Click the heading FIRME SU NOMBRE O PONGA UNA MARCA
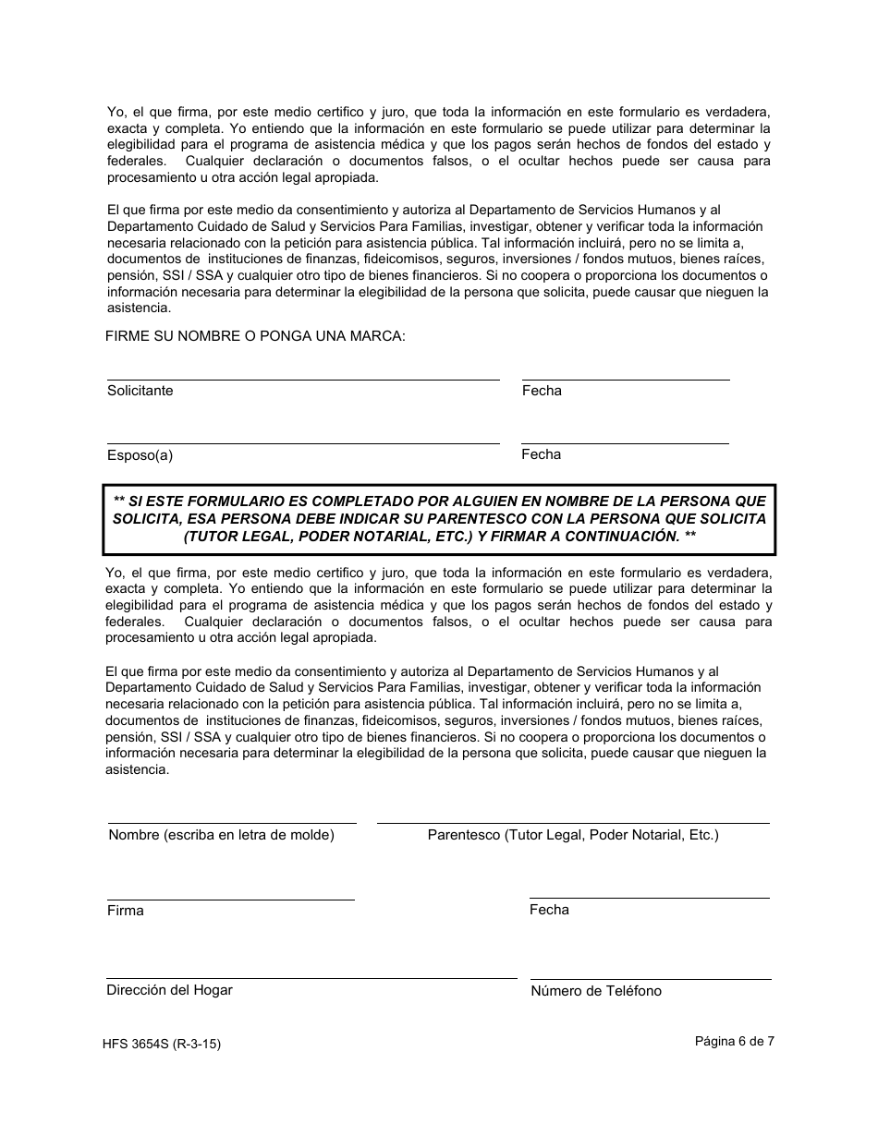pyautogui.click(x=255, y=336)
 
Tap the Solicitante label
pyautogui.click(x=140, y=391)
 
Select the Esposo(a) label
pyautogui.click(x=140, y=455)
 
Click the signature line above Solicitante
pyautogui.click(x=303, y=379)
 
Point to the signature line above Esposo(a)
pyautogui.click(x=303, y=443)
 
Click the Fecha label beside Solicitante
pyautogui.click(x=542, y=391)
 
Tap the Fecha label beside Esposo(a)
pyautogui.click(x=541, y=454)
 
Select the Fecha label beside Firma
pyautogui.click(x=549, y=910)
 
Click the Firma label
pyautogui.click(x=125, y=911)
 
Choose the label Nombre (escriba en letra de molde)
pyautogui.click(x=221, y=835)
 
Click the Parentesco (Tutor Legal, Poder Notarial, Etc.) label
pyautogui.click(x=573, y=835)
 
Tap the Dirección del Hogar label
pyautogui.click(x=169, y=990)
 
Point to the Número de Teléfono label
pyautogui.click(x=596, y=991)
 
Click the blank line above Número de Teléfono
pyautogui.click(x=651, y=979)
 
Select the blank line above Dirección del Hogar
pyautogui.click(x=311, y=978)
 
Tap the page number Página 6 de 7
pyautogui.click(x=735, y=1041)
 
